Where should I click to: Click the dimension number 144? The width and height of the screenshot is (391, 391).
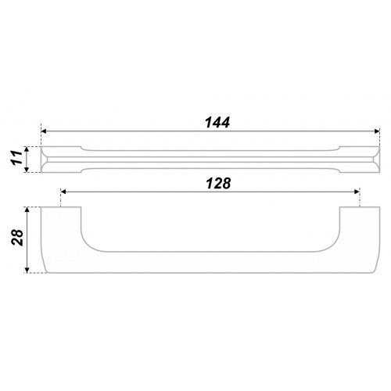point(217,123)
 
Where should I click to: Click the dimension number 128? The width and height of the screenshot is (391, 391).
point(218,183)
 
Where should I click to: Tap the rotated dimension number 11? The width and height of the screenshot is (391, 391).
point(16,157)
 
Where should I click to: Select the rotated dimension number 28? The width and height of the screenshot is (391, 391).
point(17,238)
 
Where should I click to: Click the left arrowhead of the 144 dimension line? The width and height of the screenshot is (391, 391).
point(44,131)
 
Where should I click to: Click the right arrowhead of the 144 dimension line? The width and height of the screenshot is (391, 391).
point(377,131)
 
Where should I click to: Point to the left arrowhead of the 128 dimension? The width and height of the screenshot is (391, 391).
point(63,192)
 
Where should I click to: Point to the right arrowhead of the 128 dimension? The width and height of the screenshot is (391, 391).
point(357,192)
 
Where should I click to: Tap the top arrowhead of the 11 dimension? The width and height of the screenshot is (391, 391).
point(26,149)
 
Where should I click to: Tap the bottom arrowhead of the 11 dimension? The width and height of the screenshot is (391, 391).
point(26,170)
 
